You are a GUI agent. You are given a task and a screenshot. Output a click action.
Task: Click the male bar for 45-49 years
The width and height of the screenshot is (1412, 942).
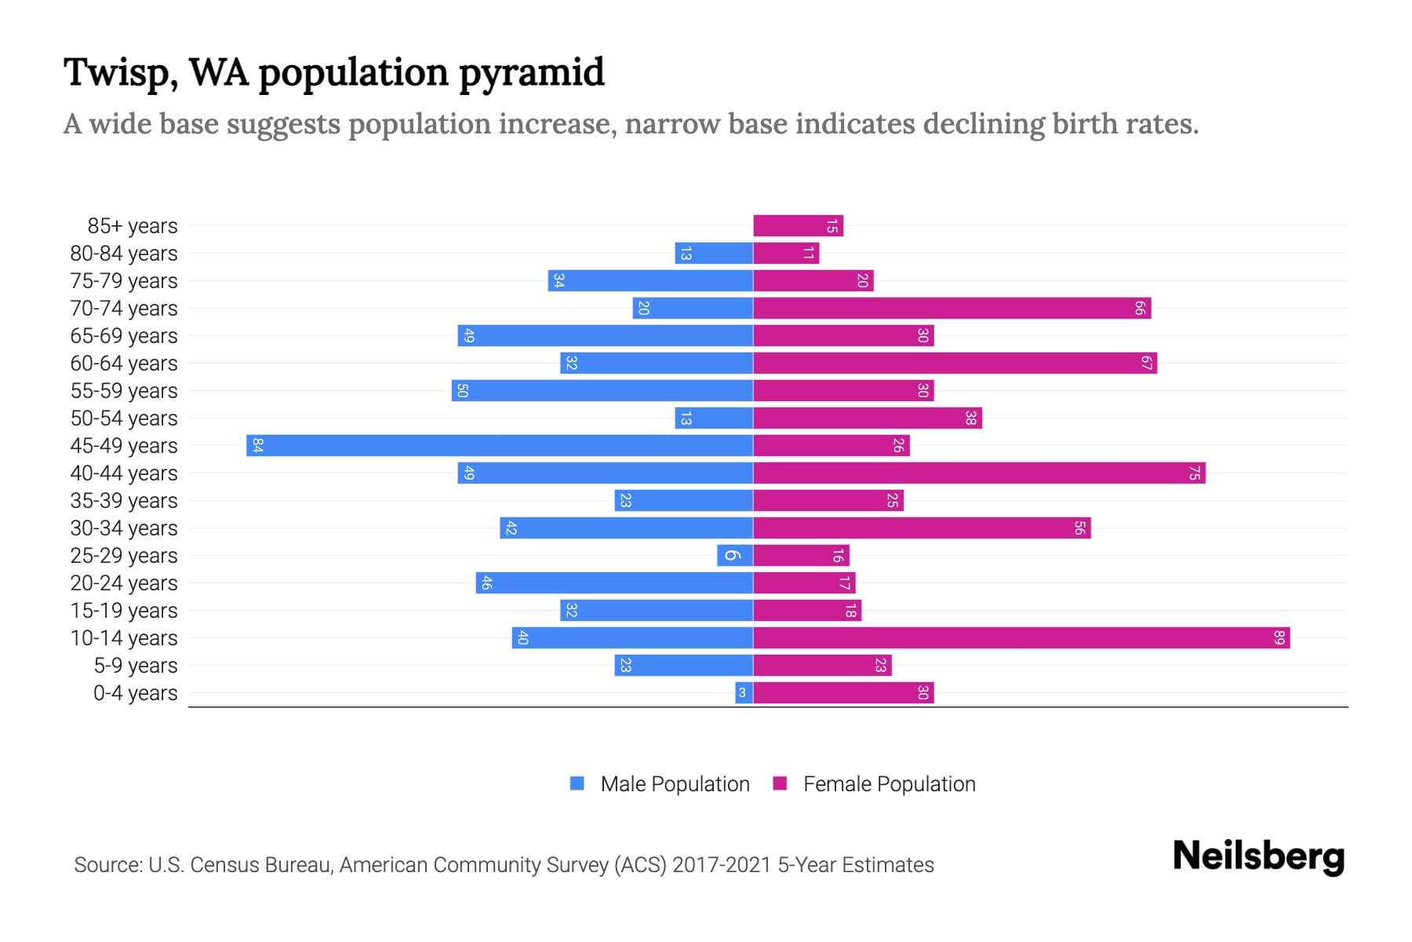point(500,445)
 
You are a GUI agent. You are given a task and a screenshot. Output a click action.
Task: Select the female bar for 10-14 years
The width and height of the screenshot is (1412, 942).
point(1021,637)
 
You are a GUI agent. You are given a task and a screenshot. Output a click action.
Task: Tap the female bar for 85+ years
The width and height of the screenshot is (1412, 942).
point(798,226)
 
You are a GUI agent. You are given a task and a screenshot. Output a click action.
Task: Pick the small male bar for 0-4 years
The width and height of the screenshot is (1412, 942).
point(744,692)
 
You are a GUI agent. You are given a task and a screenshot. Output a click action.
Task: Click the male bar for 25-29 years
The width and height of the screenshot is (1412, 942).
point(735,555)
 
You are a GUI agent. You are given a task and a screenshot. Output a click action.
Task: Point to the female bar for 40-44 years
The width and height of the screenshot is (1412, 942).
point(979,473)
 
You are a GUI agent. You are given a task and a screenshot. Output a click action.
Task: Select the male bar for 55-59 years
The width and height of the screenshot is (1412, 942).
point(602,390)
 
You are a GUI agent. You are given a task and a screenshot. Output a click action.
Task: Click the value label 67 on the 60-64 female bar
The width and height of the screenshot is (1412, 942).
point(1146,363)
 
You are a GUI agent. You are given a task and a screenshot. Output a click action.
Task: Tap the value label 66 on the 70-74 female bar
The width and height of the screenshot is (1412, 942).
point(1140,309)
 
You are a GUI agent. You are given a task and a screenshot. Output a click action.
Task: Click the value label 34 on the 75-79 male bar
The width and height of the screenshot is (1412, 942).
point(559,280)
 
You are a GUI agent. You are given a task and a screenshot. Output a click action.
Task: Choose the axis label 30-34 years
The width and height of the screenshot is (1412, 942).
point(124,528)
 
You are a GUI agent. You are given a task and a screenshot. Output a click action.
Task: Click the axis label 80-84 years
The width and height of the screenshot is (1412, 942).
point(124,254)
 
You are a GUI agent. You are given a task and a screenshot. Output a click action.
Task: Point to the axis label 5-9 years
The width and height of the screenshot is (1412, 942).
point(136,666)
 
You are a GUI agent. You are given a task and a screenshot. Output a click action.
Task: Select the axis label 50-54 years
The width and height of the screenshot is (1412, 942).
point(124,418)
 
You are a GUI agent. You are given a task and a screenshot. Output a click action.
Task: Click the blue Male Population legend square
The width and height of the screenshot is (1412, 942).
point(577,783)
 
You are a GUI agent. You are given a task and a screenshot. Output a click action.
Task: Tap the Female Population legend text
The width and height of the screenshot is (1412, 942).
point(889,784)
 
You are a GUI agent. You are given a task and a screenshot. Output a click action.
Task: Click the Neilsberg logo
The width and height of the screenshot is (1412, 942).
point(1258,856)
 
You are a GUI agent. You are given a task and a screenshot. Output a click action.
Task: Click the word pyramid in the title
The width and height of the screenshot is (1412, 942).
point(531,72)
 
